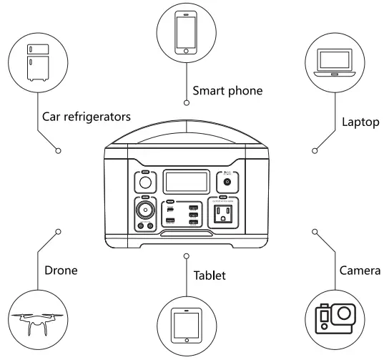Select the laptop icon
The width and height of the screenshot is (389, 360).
pos(336,64)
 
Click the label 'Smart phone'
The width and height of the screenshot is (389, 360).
pos(227,91)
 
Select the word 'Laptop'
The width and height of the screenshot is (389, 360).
pos(360,122)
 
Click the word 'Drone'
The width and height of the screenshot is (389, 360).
pos(61,271)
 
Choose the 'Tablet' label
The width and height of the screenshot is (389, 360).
pos(210,275)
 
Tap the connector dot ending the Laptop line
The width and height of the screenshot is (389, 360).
pos(315,151)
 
